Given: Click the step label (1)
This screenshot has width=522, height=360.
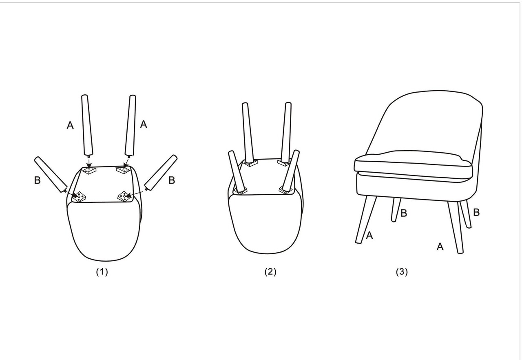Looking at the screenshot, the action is pyautogui.click(x=102, y=272).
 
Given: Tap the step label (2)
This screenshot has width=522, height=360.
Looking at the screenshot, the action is pyautogui.click(x=270, y=272).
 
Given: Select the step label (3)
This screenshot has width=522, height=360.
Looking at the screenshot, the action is pyautogui.click(x=402, y=272).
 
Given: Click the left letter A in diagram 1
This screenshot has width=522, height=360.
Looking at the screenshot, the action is pyautogui.click(x=70, y=125).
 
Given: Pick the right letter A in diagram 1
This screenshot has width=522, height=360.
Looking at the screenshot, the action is pyautogui.click(x=144, y=124).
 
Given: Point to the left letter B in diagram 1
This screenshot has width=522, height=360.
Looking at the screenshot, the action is pyautogui.click(x=37, y=180).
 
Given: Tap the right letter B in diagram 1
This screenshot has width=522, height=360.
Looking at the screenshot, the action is pyautogui.click(x=172, y=180).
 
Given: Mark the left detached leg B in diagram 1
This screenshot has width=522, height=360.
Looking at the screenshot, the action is pyautogui.click(x=51, y=174).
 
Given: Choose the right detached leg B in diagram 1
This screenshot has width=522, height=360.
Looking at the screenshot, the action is pyautogui.click(x=161, y=173).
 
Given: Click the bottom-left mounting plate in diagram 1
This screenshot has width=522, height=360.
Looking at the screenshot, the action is pyautogui.click(x=79, y=196).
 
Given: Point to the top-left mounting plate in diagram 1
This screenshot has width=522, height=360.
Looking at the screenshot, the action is pyautogui.click(x=88, y=171).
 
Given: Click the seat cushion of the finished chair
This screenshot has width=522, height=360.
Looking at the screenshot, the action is pyautogui.click(x=413, y=164).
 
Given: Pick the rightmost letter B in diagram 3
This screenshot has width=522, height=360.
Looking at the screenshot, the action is pyautogui.click(x=476, y=212).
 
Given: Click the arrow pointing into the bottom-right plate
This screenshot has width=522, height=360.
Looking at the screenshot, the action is pyautogui.click(x=135, y=194).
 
